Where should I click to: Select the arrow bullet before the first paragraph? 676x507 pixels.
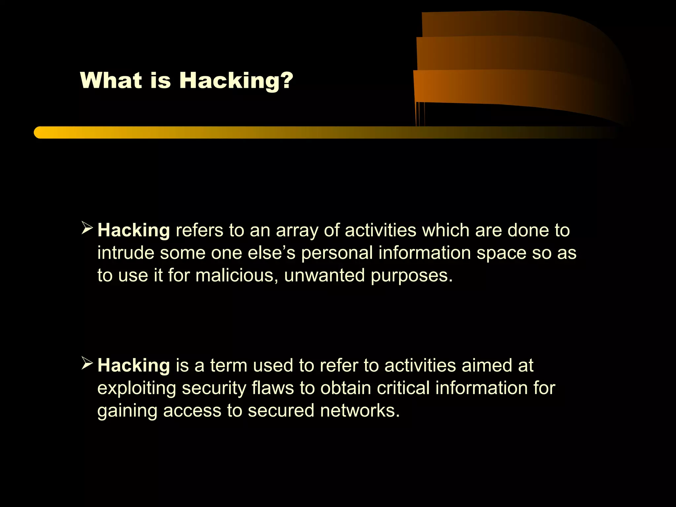[x=87, y=228]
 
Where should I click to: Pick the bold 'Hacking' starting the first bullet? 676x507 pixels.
[x=134, y=230]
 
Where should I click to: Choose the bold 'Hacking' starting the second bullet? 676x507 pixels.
[x=134, y=365]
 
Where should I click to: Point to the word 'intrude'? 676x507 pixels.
[x=126, y=253]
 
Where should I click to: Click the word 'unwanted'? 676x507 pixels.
[x=324, y=275]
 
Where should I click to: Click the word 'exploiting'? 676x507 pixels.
[x=137, y=388]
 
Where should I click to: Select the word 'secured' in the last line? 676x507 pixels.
[x=281, y=411]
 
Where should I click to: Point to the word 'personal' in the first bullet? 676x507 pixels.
[x=337, y=253]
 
